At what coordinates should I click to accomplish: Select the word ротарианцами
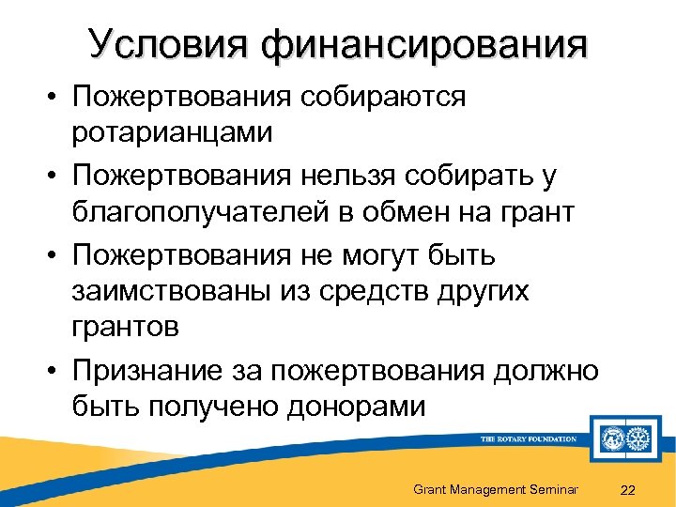click(x=173, y=132)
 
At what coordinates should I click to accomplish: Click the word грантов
click(x=128, y=329)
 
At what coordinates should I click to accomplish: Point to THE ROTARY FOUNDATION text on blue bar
click(x=528, y=439)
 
